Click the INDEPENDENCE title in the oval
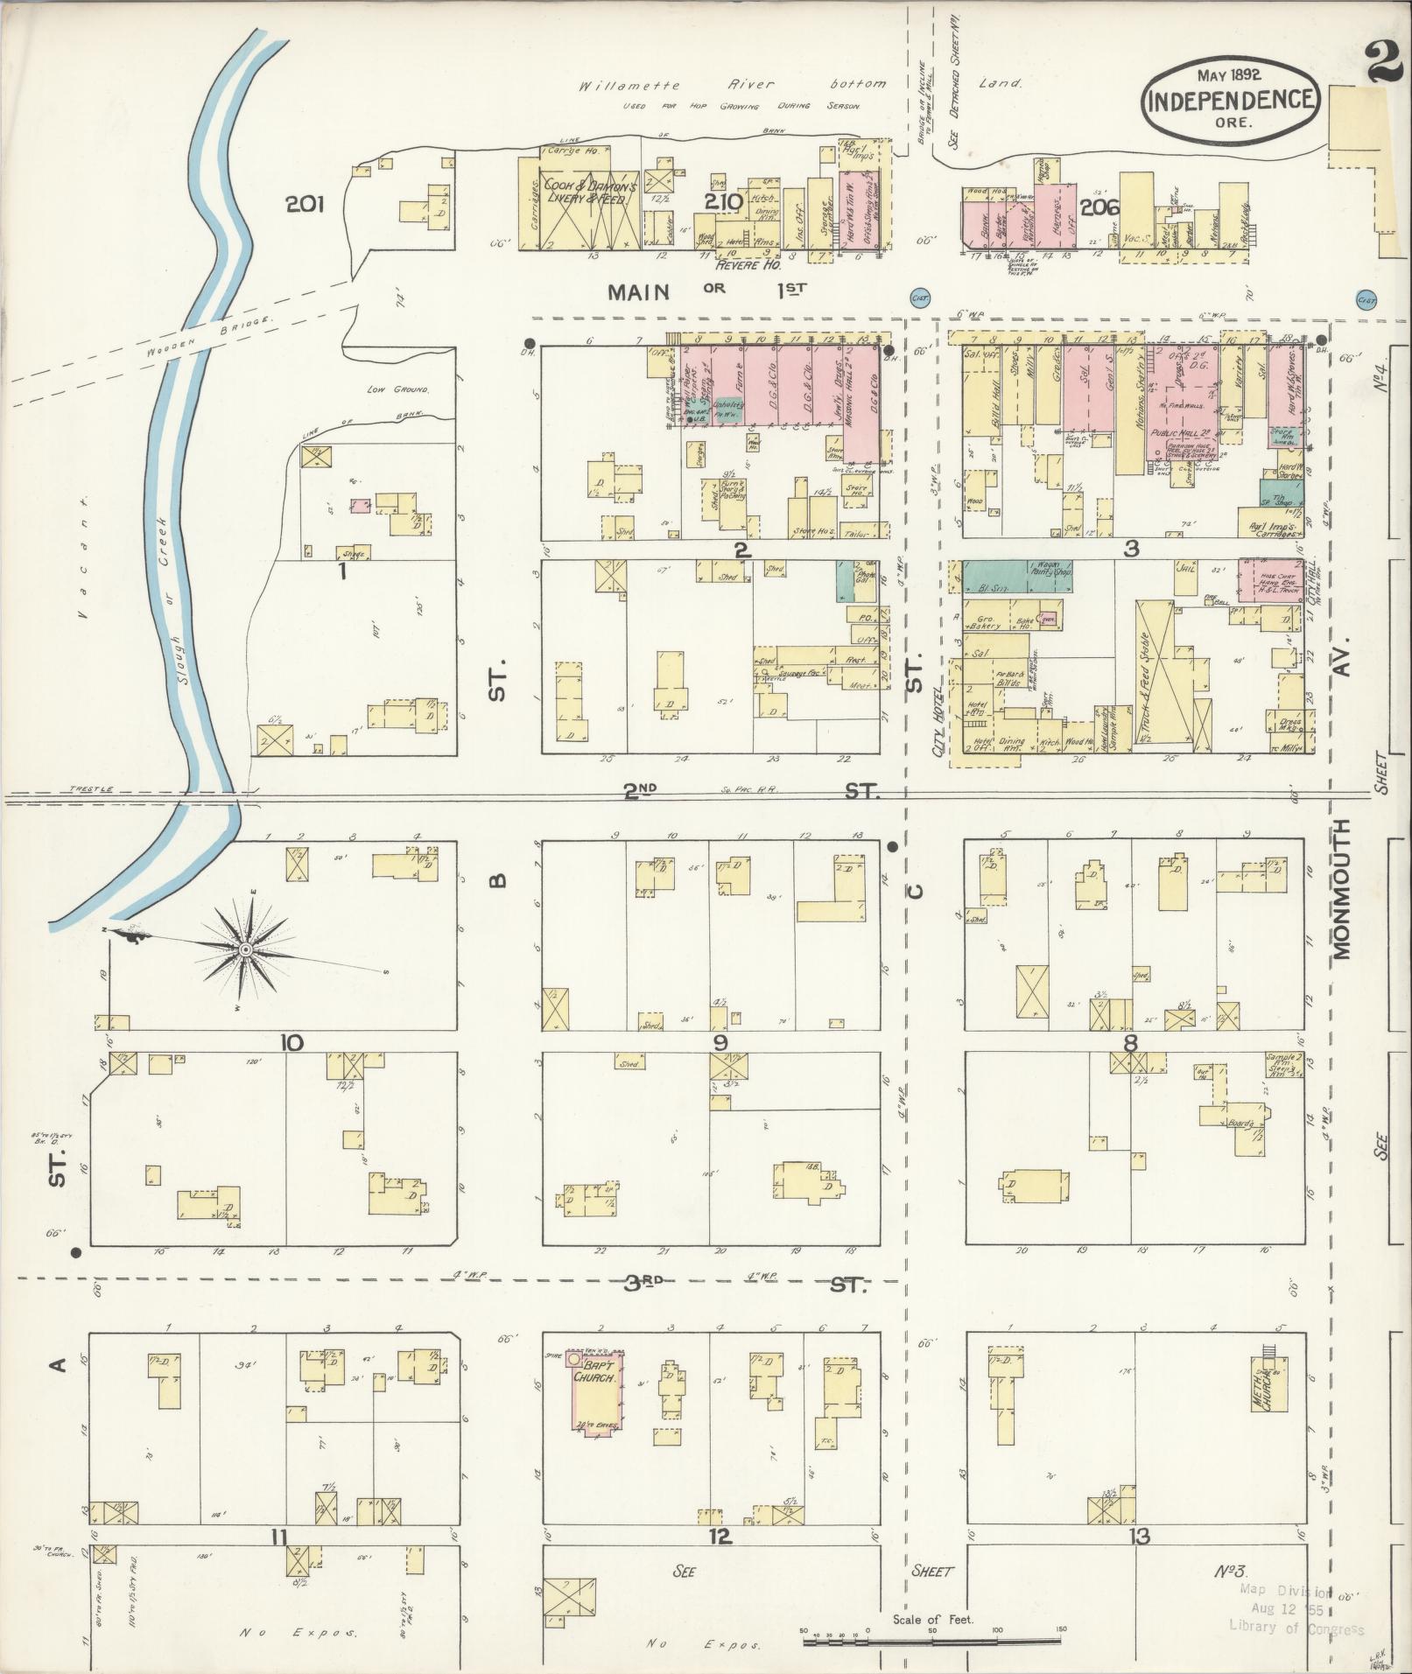click(x=1230, y=99)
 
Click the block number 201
click(x=305, y=205)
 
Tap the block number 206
click(x=1100, y=207)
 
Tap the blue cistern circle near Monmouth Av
click(x=1365, y=299)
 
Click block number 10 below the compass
click(x=292, y=1042)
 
